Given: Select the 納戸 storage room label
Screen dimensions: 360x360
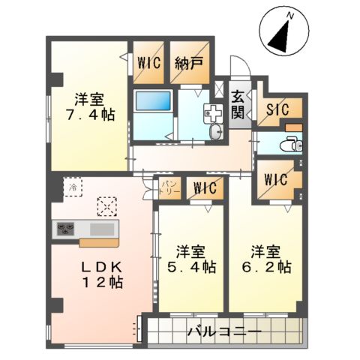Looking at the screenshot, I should pos(188,64).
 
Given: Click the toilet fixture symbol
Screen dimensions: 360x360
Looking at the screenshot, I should pos(290,142).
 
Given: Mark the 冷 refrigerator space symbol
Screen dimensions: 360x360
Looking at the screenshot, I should pos(73,187).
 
